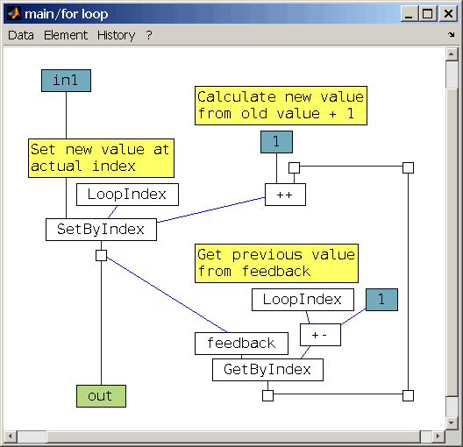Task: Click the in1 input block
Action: (x=66, y=81)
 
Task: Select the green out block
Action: (x=101, y=396)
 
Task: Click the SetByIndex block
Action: (x=101, y=230)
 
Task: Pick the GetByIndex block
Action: (x=267, y=370)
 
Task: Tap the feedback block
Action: (x=241, y=344)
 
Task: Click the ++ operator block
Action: (x=285, y=195)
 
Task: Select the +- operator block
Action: (x=320, y=335)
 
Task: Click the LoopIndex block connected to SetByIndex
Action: (x=127, y=195)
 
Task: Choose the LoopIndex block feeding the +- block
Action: (x=303, y=300)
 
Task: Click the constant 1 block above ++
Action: (x=276, y=142)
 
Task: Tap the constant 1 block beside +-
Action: (x=381, y=300)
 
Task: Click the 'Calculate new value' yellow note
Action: (x=281, y=105)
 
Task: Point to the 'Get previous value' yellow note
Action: (x=276, y=263)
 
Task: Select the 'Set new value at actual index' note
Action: (x=101, y=158)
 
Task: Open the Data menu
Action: (x=21, y=35)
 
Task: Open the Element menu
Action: (x=66, y=35)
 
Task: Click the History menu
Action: (x=116, y=35)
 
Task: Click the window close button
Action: (x=448, y=13)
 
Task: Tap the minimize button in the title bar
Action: (x=410, y=13)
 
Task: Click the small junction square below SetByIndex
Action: (x=102, y=256)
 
